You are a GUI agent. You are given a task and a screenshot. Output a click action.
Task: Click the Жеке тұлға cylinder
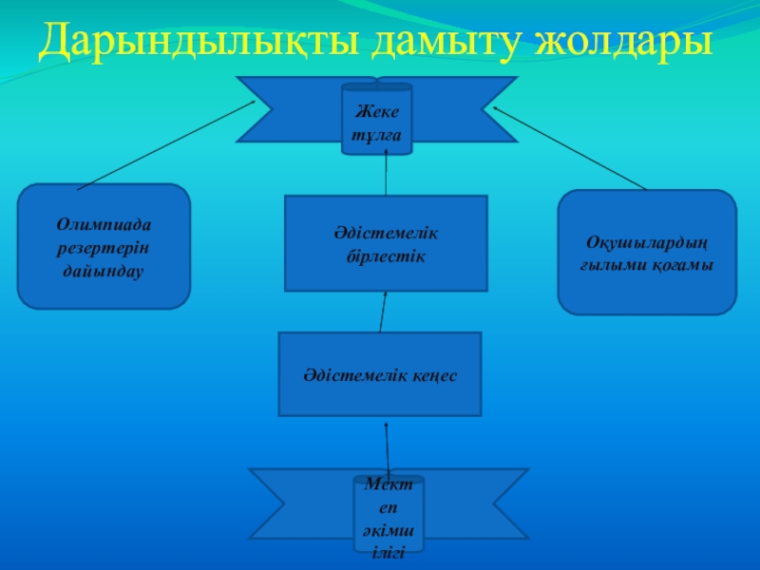pos(376,119)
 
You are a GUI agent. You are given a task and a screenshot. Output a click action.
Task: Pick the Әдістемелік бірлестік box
pos(386,243)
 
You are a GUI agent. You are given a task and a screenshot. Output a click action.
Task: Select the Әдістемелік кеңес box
pos(380,374)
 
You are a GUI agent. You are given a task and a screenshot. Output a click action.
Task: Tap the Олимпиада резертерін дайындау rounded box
pos(104,246)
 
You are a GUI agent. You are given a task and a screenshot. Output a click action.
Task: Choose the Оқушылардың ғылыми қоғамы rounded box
pos(646,252)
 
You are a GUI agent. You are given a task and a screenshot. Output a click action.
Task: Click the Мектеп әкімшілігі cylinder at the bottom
pos(389,518)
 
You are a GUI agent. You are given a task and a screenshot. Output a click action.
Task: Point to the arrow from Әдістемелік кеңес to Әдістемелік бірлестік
pos(383,312)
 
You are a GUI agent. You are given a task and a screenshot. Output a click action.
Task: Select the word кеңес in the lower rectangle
pos(435,376)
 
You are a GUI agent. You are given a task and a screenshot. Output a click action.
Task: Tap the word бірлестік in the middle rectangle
pos(386,256)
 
